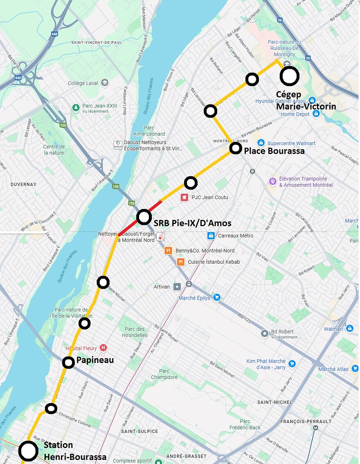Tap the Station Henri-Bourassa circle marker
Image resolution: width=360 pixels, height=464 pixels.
pyautogui.click(x=29, y=451)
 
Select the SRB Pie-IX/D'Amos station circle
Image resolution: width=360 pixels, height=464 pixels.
pyautogui.click(x=144, y=217)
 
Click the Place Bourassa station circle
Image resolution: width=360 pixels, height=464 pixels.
pyautogui.click(x=236, y=148)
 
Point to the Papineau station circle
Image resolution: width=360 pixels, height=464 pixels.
pyautogui.click(x=69, y=363)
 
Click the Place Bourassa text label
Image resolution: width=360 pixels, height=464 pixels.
pyautogui.click(x=274, y=151)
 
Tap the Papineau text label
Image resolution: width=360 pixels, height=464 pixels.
pyautogui.click(x=95, y=361)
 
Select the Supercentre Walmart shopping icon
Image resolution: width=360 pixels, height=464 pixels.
pyautogui.click(x=261, y=143)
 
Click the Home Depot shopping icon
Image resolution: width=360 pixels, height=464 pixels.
pyautogui.click(x=316, y=114)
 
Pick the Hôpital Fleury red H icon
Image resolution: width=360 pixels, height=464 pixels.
pyautogui.click(x=103, y=348)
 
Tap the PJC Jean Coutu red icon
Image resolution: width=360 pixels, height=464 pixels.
pyautogui.click(x=184, y=197)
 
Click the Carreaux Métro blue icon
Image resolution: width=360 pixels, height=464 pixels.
pyautogui.click(x=211, y=235)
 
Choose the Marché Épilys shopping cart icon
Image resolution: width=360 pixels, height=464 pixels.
pyautogui.click(x=217, y=298)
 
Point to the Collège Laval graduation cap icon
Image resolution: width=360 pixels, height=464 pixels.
pyautogui.click(x=105, y=83)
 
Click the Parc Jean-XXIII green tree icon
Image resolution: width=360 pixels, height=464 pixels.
pyautogui.click(x=76, y=108)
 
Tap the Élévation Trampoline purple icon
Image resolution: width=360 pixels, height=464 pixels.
pyautogui.click(x=272, y=181)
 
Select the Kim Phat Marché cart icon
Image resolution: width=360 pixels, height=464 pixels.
pyautogui.click(x=292, y=363)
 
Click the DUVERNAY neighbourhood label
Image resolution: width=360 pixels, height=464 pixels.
pyautogui.click(x=23, y=184)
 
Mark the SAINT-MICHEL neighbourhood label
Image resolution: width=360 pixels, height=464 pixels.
pyautogui.click(x=274, y=402)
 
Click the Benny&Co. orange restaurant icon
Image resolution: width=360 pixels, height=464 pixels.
pyautogui.click(x=168, y=251)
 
